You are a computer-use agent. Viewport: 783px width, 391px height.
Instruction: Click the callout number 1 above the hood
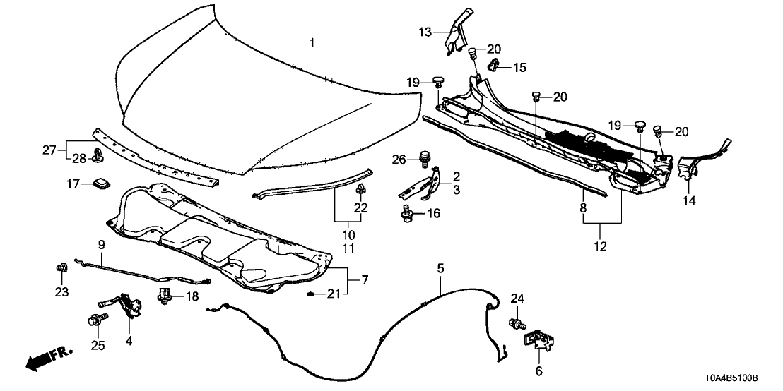312,43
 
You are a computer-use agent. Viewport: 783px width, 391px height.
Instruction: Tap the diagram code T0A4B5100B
735,379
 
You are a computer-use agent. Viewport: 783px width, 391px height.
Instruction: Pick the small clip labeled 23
61,267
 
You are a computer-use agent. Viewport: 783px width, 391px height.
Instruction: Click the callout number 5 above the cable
440,268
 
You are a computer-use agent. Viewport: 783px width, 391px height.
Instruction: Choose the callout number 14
688,201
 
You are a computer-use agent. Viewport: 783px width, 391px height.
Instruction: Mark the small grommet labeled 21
312,293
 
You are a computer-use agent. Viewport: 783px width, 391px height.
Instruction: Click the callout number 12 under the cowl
601,248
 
